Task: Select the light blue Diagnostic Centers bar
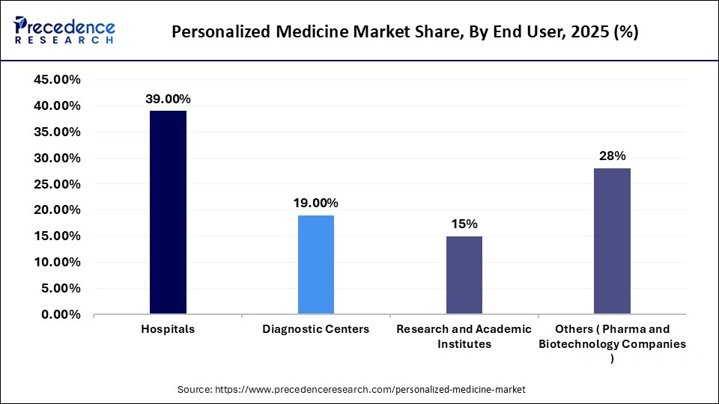click(x=315, y=264)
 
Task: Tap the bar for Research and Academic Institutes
click(x=464, y=275)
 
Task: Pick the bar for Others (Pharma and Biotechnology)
click(x=612, y=240)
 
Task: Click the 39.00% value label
click(x=168, y=99)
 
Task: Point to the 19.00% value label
click(x=315, y=203)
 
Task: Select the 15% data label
click(x=464, y=224)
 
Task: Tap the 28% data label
click(x=612, y=156)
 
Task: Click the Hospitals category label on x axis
click(x=168, y=330)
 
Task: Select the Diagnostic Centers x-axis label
click(x=315, y=330)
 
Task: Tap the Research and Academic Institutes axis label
click(x=464, y=337)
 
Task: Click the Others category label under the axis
click(x=612, y=343)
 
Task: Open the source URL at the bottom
click(x=370, y=390)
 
